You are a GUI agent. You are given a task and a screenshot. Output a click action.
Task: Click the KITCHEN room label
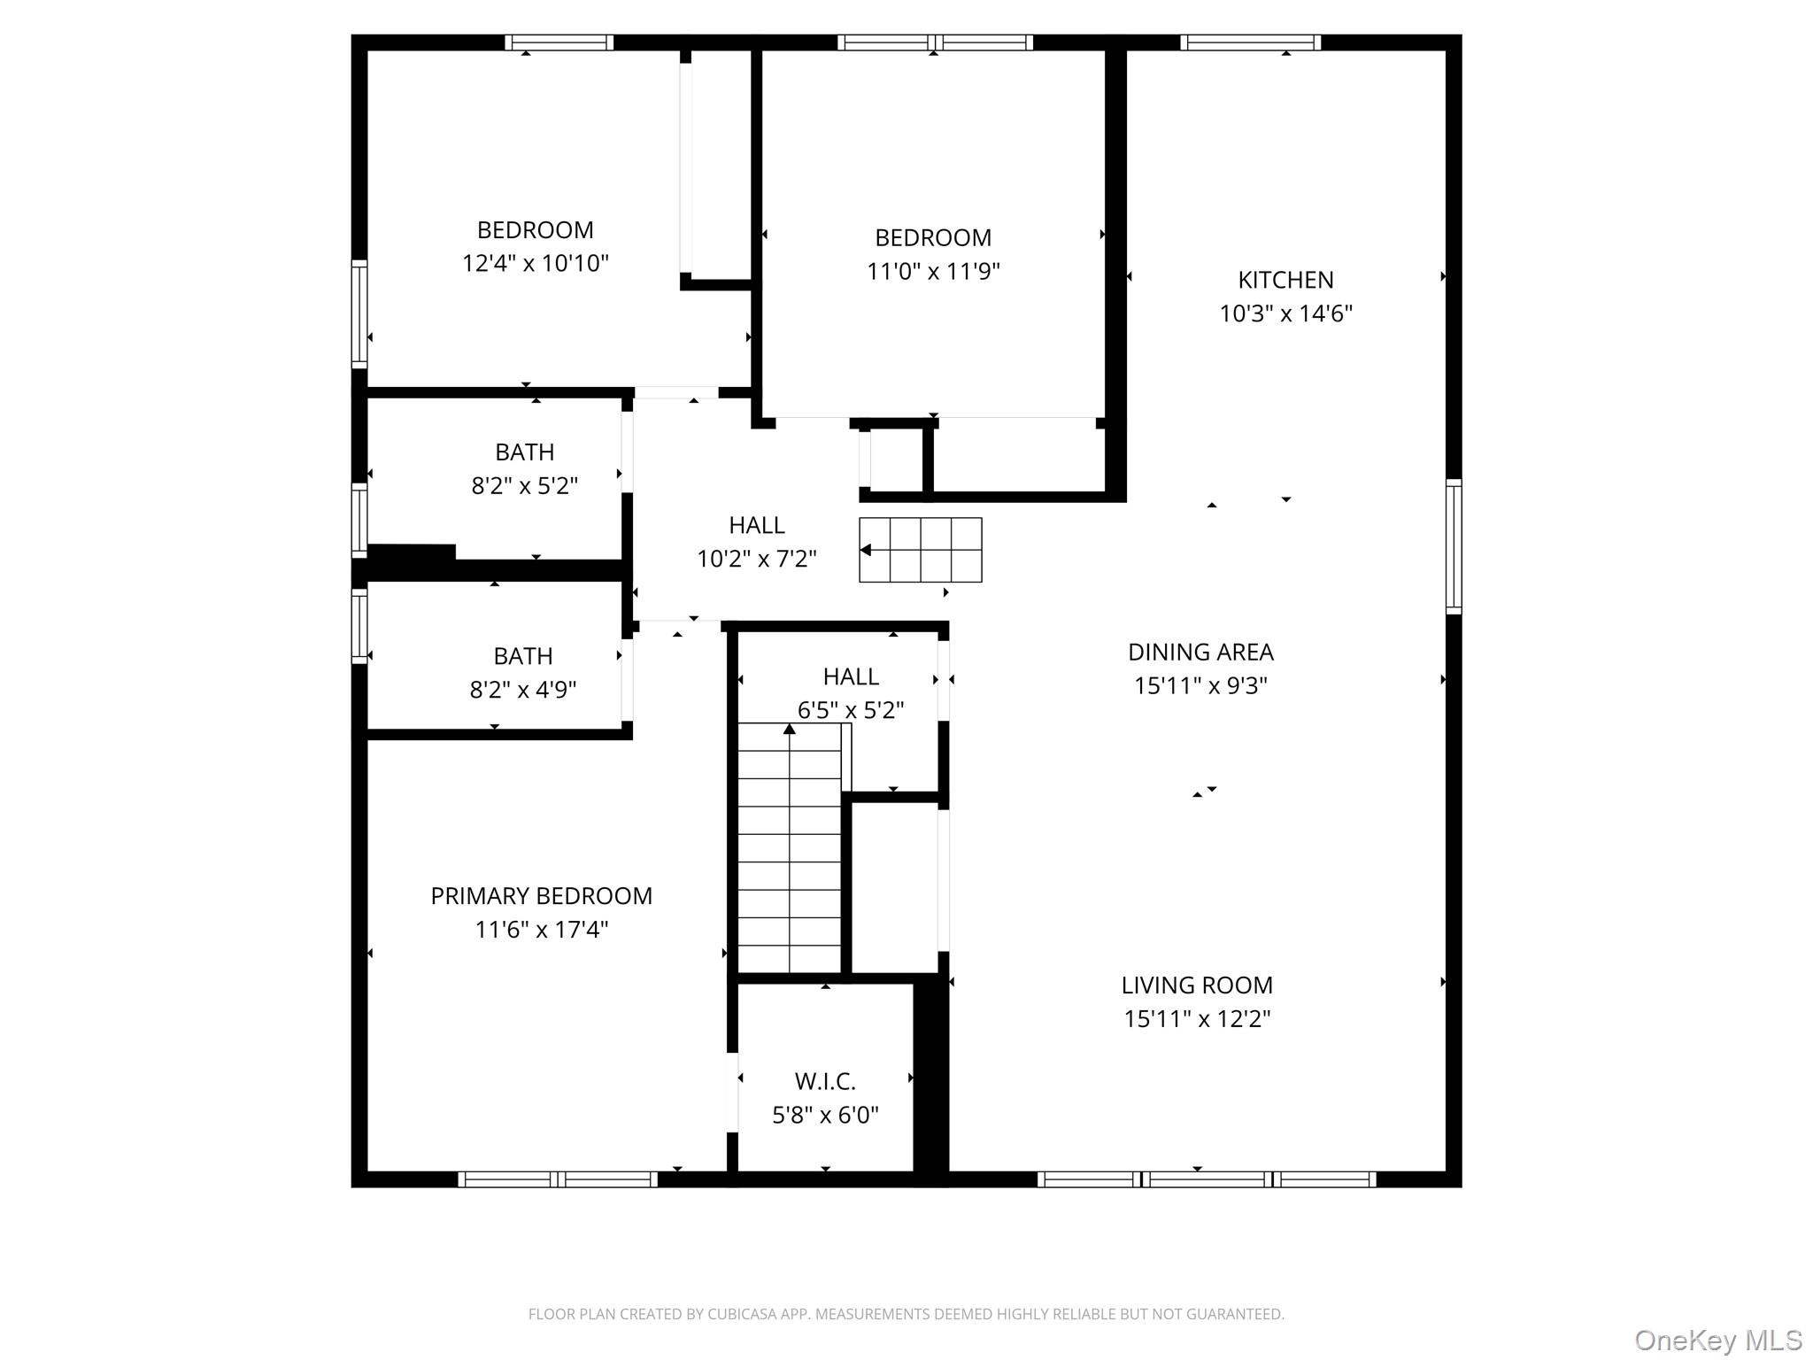1285,280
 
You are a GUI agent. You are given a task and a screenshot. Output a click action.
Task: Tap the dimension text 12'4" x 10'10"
535,263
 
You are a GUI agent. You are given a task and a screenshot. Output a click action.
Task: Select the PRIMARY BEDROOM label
541,896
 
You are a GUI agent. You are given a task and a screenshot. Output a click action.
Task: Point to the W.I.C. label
824,1081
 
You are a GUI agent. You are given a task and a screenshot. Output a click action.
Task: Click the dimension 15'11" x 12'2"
1197,1019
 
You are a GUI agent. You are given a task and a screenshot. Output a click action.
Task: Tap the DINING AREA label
1200,653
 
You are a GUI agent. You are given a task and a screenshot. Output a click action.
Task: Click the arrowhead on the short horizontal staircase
866,551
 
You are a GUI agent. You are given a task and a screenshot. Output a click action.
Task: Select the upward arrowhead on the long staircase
789,730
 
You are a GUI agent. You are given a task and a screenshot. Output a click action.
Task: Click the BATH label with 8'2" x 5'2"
524,452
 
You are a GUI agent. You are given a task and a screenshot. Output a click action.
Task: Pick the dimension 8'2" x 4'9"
522,690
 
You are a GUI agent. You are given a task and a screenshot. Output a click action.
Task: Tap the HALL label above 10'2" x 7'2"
756,526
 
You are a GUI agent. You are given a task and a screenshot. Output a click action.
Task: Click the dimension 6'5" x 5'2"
850,710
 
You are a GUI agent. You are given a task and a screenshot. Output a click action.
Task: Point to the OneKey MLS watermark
1717,1341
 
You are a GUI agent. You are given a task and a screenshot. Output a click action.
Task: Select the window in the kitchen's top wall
1249,42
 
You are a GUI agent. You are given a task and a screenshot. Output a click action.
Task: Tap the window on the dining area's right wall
1453,546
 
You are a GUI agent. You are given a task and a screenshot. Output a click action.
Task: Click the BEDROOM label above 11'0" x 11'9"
932,238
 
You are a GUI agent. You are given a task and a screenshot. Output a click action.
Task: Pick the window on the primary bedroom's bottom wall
557,1178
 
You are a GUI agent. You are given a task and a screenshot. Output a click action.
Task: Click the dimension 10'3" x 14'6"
1285,313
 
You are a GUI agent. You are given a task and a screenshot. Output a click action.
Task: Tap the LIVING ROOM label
1197,985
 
